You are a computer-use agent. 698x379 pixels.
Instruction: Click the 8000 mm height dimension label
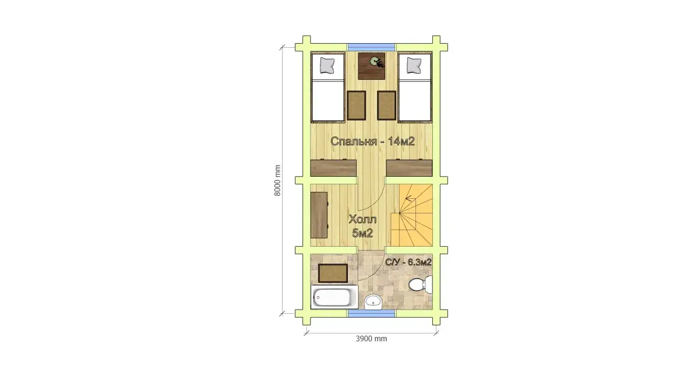277,180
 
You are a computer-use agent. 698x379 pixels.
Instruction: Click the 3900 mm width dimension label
371,338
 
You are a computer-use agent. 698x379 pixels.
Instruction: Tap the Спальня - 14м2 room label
372,142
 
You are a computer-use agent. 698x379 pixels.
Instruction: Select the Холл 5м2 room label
363,226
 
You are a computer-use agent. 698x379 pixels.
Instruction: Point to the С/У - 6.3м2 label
408,262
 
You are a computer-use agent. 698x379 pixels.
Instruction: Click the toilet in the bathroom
421,284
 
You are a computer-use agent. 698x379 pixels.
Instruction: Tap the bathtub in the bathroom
334,297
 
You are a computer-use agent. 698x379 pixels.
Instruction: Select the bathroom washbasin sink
373,302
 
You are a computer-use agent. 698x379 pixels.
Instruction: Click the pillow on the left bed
327,65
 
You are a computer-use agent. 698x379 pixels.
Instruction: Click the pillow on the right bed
414,65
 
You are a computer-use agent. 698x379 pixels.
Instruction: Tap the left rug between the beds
356,106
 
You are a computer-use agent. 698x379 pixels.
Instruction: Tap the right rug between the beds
386,106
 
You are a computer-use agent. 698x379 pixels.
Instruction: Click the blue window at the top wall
371,47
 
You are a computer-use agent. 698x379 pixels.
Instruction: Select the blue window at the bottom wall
371,314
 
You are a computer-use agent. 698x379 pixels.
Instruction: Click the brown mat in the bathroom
333,273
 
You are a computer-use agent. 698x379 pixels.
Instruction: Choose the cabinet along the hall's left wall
319,215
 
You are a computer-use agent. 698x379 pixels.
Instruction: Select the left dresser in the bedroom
333,167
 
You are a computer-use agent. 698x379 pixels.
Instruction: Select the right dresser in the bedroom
409,167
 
